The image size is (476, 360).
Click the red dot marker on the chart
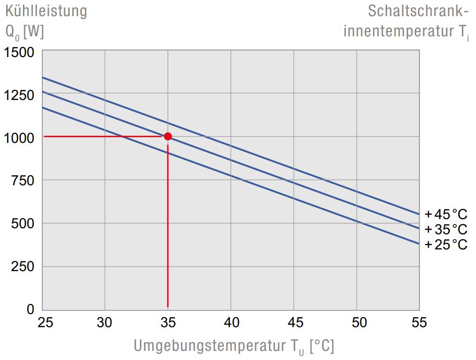168,136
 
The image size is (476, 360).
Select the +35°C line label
446,229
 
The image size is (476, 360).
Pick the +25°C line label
446,245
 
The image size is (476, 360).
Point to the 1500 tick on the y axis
19,52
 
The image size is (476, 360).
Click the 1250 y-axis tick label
19,95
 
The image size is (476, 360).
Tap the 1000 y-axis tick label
19,137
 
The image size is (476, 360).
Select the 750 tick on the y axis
23,180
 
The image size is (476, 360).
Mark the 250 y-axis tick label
23,266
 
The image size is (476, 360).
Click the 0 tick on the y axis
30,309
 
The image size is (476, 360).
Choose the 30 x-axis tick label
105,322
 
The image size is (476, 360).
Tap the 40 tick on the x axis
230,322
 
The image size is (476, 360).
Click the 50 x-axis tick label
356,322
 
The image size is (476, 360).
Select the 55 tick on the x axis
419,322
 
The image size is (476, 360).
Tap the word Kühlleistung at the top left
46,11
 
